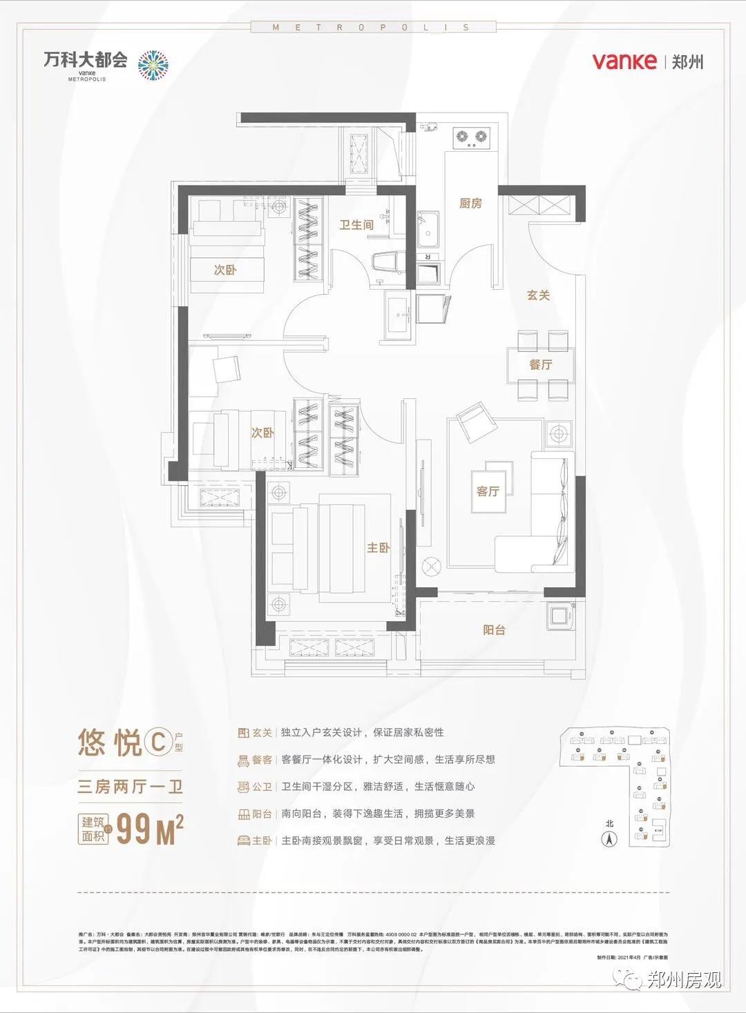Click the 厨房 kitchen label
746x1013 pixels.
tap(470, 204)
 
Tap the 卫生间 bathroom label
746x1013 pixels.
tap(356, 225)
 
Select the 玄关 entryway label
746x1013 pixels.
tap(538, 295)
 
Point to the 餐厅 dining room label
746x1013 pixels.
tap(541, 364)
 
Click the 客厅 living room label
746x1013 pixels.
tap(488, 491)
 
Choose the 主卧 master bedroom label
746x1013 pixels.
tap(378, 548)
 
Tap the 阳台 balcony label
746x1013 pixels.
tap(494, 629)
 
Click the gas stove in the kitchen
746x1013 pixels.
tap(472, 137)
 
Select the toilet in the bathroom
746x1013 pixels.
tap(387, 264)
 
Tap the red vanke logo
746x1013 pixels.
tap(624, 61)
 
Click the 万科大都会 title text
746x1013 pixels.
tap(86, 59)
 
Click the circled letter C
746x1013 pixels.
tap(157, 742)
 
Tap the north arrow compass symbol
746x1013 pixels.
tap(609, 839)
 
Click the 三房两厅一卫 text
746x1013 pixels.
tap(130, 787)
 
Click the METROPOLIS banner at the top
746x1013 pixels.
tap(372, 28)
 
